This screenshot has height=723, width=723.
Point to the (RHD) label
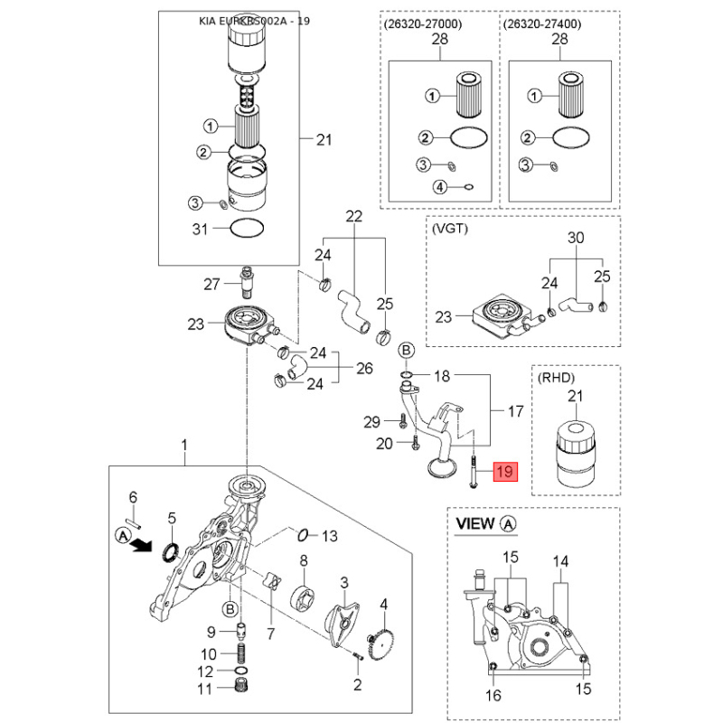coord(556,377)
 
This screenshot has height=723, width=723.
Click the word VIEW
coord(475,523)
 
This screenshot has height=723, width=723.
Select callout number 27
coord(211,285)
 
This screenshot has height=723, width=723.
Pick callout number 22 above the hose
coord(353,216)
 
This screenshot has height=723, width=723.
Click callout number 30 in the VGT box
coord(576,239)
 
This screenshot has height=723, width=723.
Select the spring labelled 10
coord(242,653)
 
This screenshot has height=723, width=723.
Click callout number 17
coord(515,411)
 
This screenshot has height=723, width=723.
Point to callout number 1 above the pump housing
coord(184,445)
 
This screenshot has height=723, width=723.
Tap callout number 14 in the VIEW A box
coord(561,561)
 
